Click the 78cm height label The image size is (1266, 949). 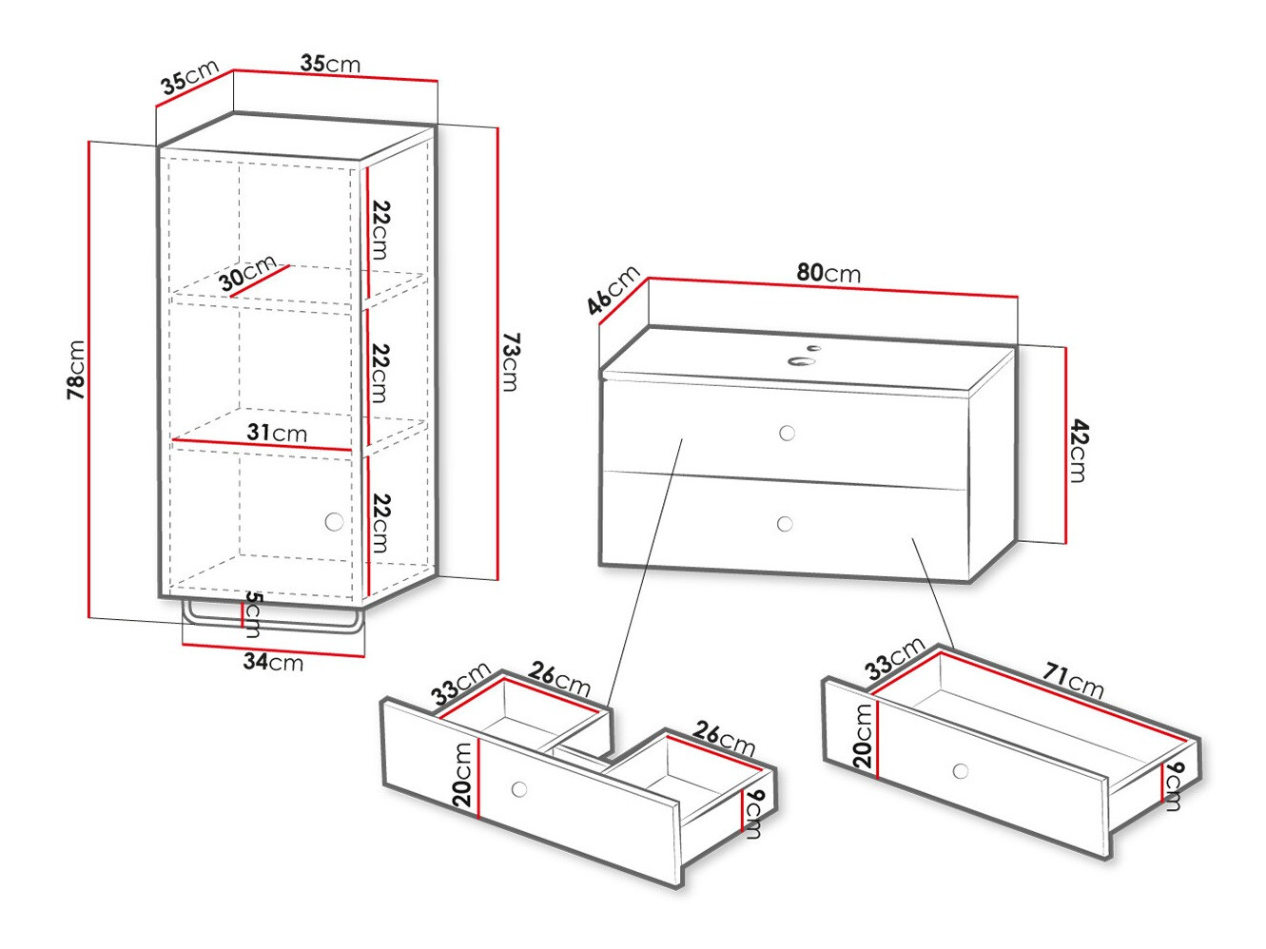pos(76,369)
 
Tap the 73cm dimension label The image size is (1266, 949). pos(511,362)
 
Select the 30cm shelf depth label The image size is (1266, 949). pos(247,273)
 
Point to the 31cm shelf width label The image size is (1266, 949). pos(277,433)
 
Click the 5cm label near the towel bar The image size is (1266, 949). pos(253,613)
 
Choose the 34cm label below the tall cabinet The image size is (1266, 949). pos(273,662)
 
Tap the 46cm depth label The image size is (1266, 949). pos(613,290)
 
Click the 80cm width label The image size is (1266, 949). pos(828,273)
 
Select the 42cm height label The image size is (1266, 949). pos(1078,451)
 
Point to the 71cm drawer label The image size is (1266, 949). pos(1073,680)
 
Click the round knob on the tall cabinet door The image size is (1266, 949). pos(334,522)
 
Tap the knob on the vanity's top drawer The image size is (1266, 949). pos(787,434)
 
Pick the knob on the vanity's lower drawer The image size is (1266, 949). pos(785,524)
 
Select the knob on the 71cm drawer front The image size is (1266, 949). pos(961,770)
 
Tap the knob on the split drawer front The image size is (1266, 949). pos(519,789)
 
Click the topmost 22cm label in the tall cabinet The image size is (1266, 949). pos(380,230)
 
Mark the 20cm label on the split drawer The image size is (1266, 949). pos(462,775)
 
